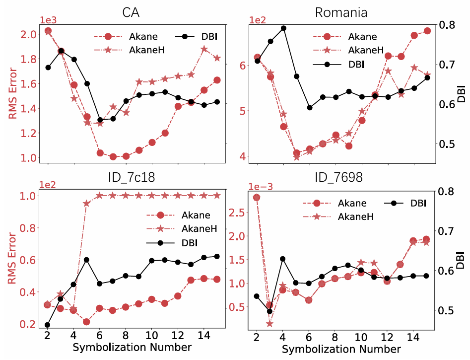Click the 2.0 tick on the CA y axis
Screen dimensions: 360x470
30,34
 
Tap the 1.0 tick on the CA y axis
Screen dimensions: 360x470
30,158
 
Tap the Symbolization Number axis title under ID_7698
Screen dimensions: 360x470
341,349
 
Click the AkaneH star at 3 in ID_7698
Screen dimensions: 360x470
269,323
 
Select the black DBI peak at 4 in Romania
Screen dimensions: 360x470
283,28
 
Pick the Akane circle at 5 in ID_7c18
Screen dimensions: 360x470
86,322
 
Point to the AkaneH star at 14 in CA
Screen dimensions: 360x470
204,49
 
